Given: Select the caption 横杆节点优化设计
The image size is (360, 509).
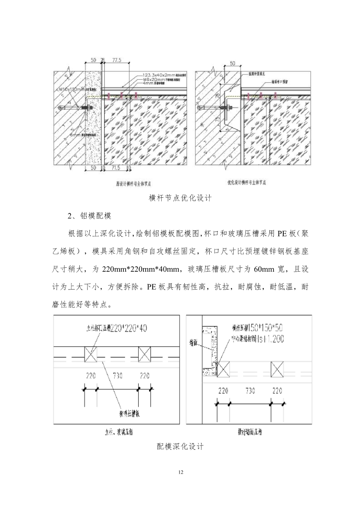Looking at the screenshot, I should point(180,198).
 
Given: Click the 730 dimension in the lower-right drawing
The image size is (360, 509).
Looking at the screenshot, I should point(250,391).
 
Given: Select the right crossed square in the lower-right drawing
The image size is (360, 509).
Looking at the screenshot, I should point(278,370).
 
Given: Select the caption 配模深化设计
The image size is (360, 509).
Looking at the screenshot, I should point(180,447).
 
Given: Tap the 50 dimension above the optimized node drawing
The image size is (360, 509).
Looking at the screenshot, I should point(232,63).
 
